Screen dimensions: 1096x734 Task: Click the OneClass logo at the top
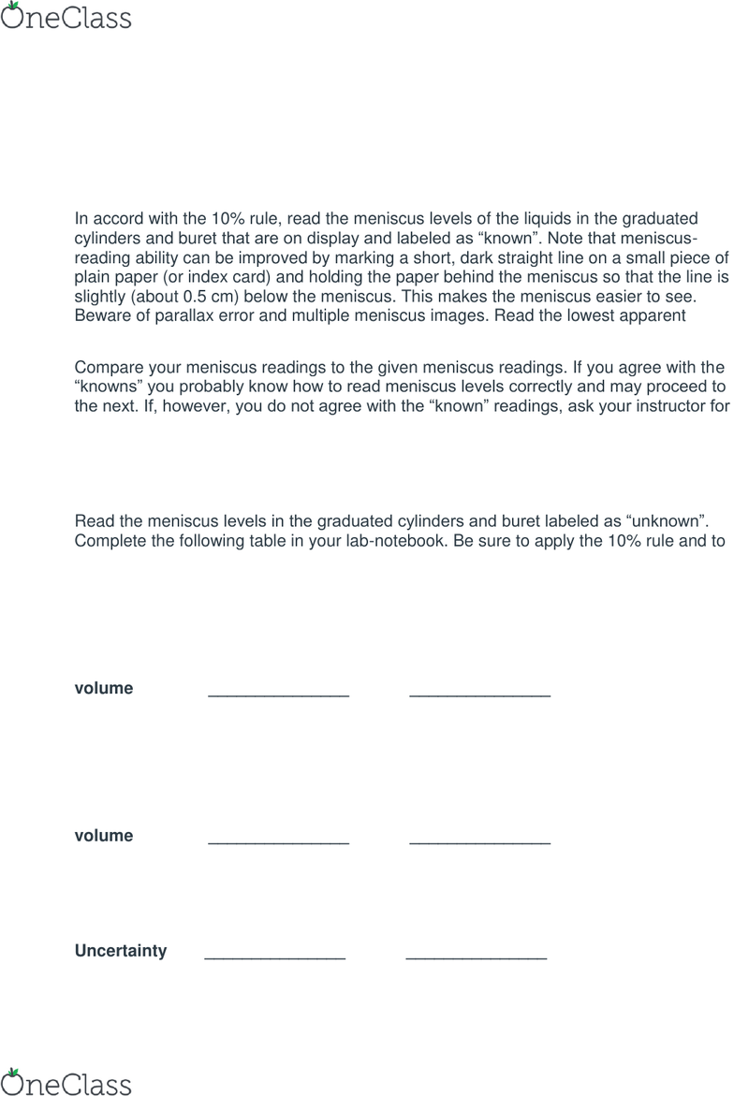coord(66,17)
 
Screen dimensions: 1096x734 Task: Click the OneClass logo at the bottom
coord(66,1082)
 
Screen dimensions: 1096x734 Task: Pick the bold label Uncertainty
coord(121,952)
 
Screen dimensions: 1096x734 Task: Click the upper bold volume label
coord(104,689)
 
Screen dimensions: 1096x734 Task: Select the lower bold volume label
coord(104,836)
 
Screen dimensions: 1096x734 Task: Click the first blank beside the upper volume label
coord(278,694)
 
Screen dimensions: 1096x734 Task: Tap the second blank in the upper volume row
coord(479,694)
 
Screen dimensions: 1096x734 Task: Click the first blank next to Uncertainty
coord(274,957)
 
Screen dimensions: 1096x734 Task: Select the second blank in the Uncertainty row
coord(476,957)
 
